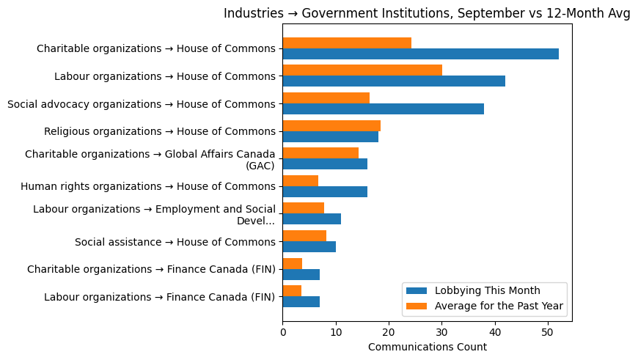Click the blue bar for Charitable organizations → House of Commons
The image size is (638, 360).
pyautogui.click(x=420, y=54)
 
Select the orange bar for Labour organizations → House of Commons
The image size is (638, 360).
pyautogui.click(x=362, y=70)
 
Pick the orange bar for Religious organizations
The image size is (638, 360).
pyautogui.click(x=331, y=125)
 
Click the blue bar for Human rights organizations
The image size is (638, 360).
pyautogui.click(x=325, y=192)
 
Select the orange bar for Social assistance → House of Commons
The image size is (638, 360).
pyautogui.click(x=304, y=235)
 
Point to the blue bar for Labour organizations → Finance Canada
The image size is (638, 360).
pyautogui.click(x=301, y=302)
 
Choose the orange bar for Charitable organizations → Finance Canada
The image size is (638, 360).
pyautogui.click(x=293, y=263)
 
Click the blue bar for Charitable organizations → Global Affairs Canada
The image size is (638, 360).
pyautogui.click(x=325, y=164)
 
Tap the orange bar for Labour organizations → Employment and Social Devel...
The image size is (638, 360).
pyautogui.click(x=303, y=208)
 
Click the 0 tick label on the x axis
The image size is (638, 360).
pyautogui.click(x=283, y=331)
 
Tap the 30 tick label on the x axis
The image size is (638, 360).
pyautogui.click(x=441, y=331)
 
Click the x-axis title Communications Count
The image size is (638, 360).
pyautogui.click(x=427, y=347)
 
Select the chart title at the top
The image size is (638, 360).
pyautogui.click(x=427, y=13)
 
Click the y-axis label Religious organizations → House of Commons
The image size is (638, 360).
pyautogui.click(x=159, y=132)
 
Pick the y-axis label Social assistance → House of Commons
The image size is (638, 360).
pyautogui.click(x=175, y=242)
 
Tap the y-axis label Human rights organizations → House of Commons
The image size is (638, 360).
pyautogui.click(x=147, y=187)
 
